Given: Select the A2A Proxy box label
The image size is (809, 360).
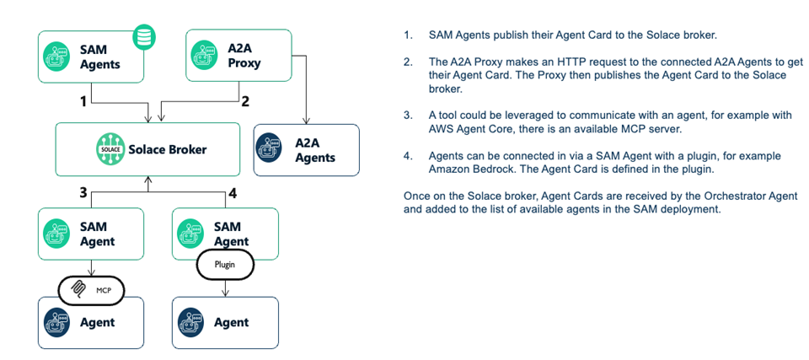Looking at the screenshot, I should (x=244, y=56).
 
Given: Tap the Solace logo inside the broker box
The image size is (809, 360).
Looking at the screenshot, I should (x=111, y=149).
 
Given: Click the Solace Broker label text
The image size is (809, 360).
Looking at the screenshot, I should (x=167, y=149).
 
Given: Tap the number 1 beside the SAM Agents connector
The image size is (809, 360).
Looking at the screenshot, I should (x=83, y=102).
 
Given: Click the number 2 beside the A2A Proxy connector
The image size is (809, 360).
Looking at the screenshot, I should (x=245, y=102).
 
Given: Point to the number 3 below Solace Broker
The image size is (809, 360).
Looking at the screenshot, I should (x=83, y=193).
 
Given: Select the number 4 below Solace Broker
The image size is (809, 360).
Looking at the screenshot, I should (x=233, y=193).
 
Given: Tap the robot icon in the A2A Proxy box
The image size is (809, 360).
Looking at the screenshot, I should (x=203, y=56).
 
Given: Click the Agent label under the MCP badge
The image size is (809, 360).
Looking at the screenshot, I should (x=97, y=322).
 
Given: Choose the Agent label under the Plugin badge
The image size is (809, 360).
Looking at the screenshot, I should (x=231, y=322).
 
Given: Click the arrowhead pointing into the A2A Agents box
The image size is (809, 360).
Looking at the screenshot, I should (x=306, y=121).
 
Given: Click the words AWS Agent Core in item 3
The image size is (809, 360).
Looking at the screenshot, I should (x=470, y=128).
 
